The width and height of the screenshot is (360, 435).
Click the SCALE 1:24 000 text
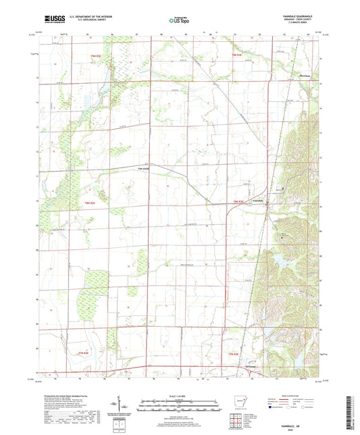[x=180, y=396]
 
